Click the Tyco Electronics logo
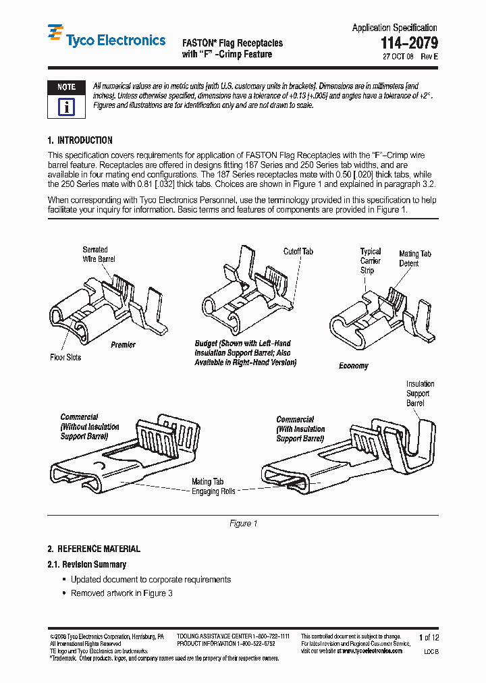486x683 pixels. [x=106, y=40]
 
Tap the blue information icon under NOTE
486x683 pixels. [x=66, y=107]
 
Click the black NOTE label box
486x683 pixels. [x=66, y=87]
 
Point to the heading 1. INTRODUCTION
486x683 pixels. [x=80, y=140]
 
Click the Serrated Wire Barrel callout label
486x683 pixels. [x=99, y=254]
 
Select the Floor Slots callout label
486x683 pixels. [x=65, y=357]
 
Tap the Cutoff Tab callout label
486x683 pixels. [x=298, y=251]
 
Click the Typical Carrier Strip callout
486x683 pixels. [x=370, y=261]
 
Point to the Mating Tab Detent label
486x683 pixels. [x=414, y=258]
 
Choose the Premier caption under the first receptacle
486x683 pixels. [x=123, y=345]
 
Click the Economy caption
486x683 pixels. [x=354, y=366]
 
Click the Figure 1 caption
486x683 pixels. [x=243, y=524]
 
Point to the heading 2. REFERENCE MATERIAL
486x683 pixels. [x=94, y=549]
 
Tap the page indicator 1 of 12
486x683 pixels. [x=429, y=637]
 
